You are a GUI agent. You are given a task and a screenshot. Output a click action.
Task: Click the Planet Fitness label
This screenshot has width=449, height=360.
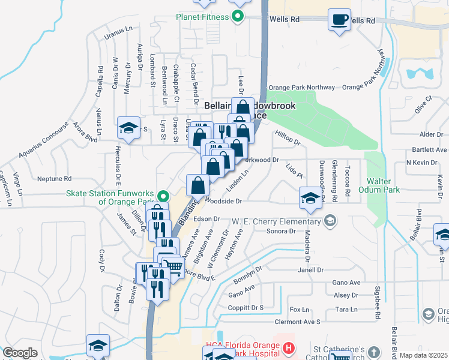(202, 17)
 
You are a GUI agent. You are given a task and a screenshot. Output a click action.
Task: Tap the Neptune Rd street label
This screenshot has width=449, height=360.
(54, 179)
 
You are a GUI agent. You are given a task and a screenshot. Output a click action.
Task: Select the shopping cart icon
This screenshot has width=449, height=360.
(173, 266)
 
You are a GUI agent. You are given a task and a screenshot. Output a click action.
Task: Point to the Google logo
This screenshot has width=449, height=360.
(20, 353)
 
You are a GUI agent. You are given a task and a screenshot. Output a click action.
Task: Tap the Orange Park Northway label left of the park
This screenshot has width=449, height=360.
(295, 87)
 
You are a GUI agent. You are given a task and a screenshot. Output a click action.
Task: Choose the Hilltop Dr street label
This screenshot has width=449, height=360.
(288, 139)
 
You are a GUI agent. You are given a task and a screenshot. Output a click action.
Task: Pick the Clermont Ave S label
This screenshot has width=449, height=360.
(297, 322)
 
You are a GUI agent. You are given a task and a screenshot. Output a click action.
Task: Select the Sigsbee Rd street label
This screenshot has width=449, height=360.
(378, 306)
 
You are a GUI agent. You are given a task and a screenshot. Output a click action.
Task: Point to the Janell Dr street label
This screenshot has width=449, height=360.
(311, 270)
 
